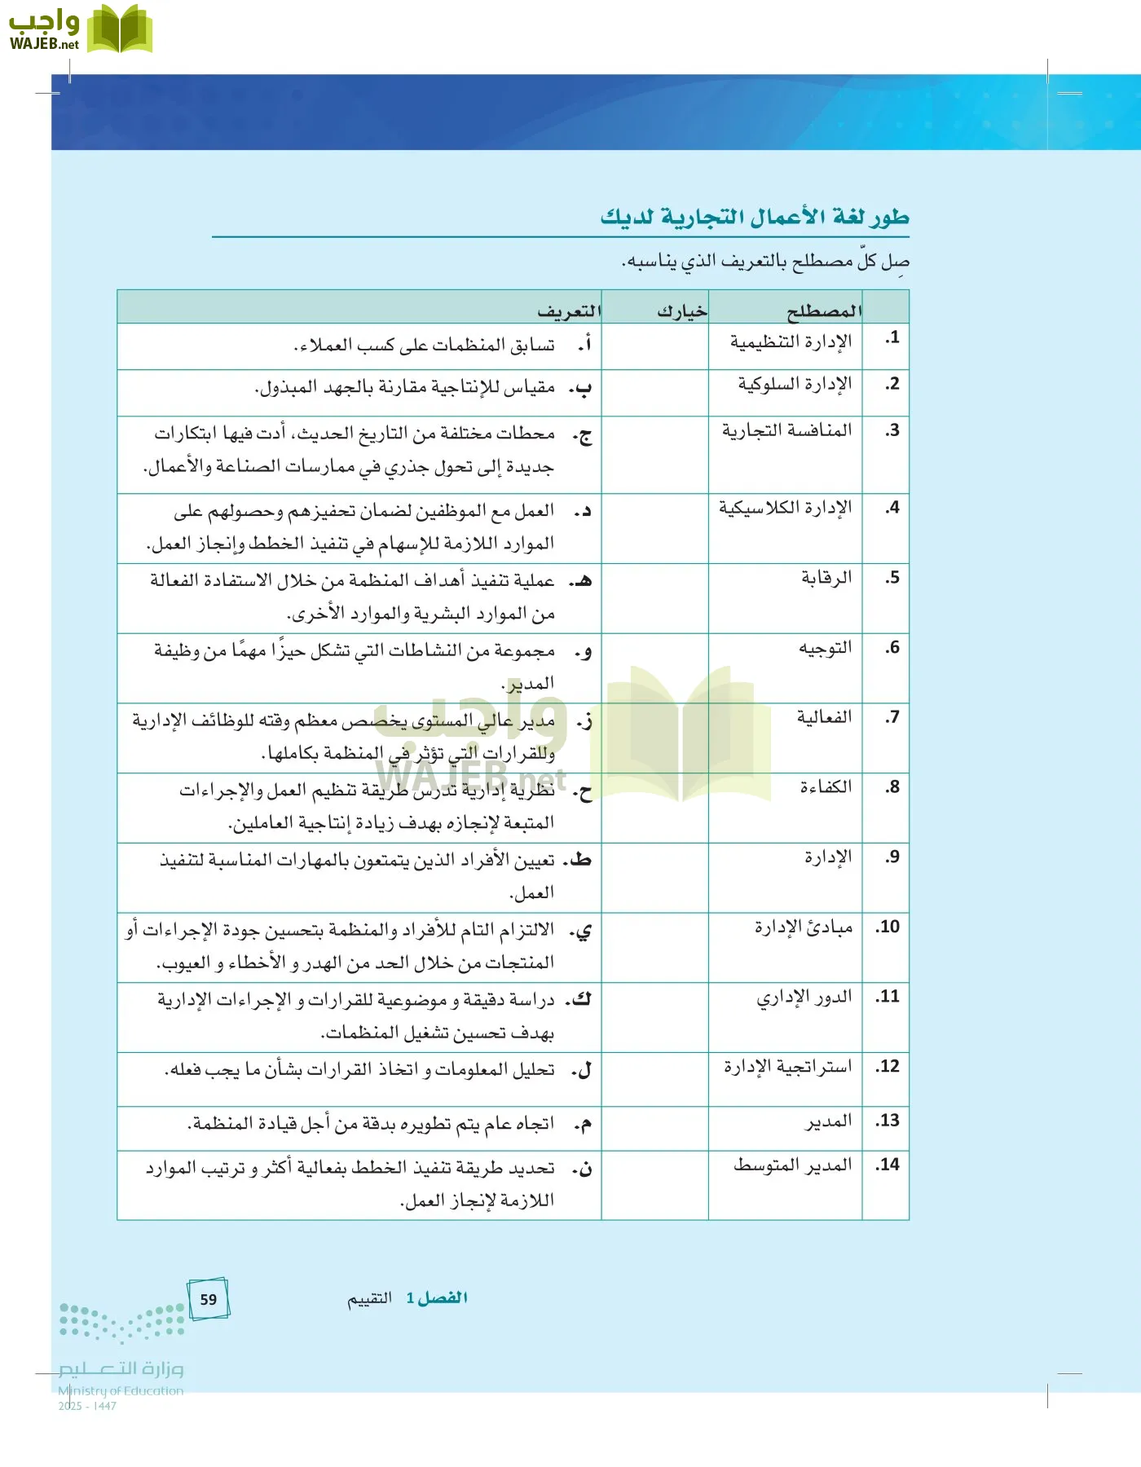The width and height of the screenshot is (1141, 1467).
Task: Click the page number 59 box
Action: point(209,1299)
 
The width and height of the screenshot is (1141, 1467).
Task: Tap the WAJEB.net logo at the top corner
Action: point(79,30)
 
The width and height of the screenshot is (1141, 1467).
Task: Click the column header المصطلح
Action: point(823,311)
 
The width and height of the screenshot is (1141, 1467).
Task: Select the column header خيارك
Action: point(682,311)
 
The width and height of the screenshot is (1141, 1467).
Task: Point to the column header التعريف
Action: point(569,311)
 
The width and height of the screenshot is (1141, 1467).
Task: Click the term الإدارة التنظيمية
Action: point(791,341)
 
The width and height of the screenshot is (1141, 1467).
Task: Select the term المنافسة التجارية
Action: point(786,430)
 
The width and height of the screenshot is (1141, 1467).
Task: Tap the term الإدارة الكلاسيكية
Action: point(785,507)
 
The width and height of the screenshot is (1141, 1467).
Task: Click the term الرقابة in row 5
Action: point(826,577)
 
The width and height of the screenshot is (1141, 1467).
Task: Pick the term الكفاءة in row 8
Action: point(825,786)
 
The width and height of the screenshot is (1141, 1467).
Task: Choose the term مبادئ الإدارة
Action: point(803,927)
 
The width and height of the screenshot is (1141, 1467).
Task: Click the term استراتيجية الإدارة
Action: point(787,1066)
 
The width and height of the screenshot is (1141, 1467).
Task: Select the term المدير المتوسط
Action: point(792,1165)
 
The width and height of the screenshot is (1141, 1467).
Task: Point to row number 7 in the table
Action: point(892,717)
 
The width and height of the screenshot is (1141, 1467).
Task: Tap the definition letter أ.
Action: point(584,345)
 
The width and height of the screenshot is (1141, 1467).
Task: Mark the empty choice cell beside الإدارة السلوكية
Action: point(654,393)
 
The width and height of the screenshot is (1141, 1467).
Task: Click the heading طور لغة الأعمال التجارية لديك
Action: point(755,217)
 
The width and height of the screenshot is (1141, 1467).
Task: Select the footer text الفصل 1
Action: point(437,1297)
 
